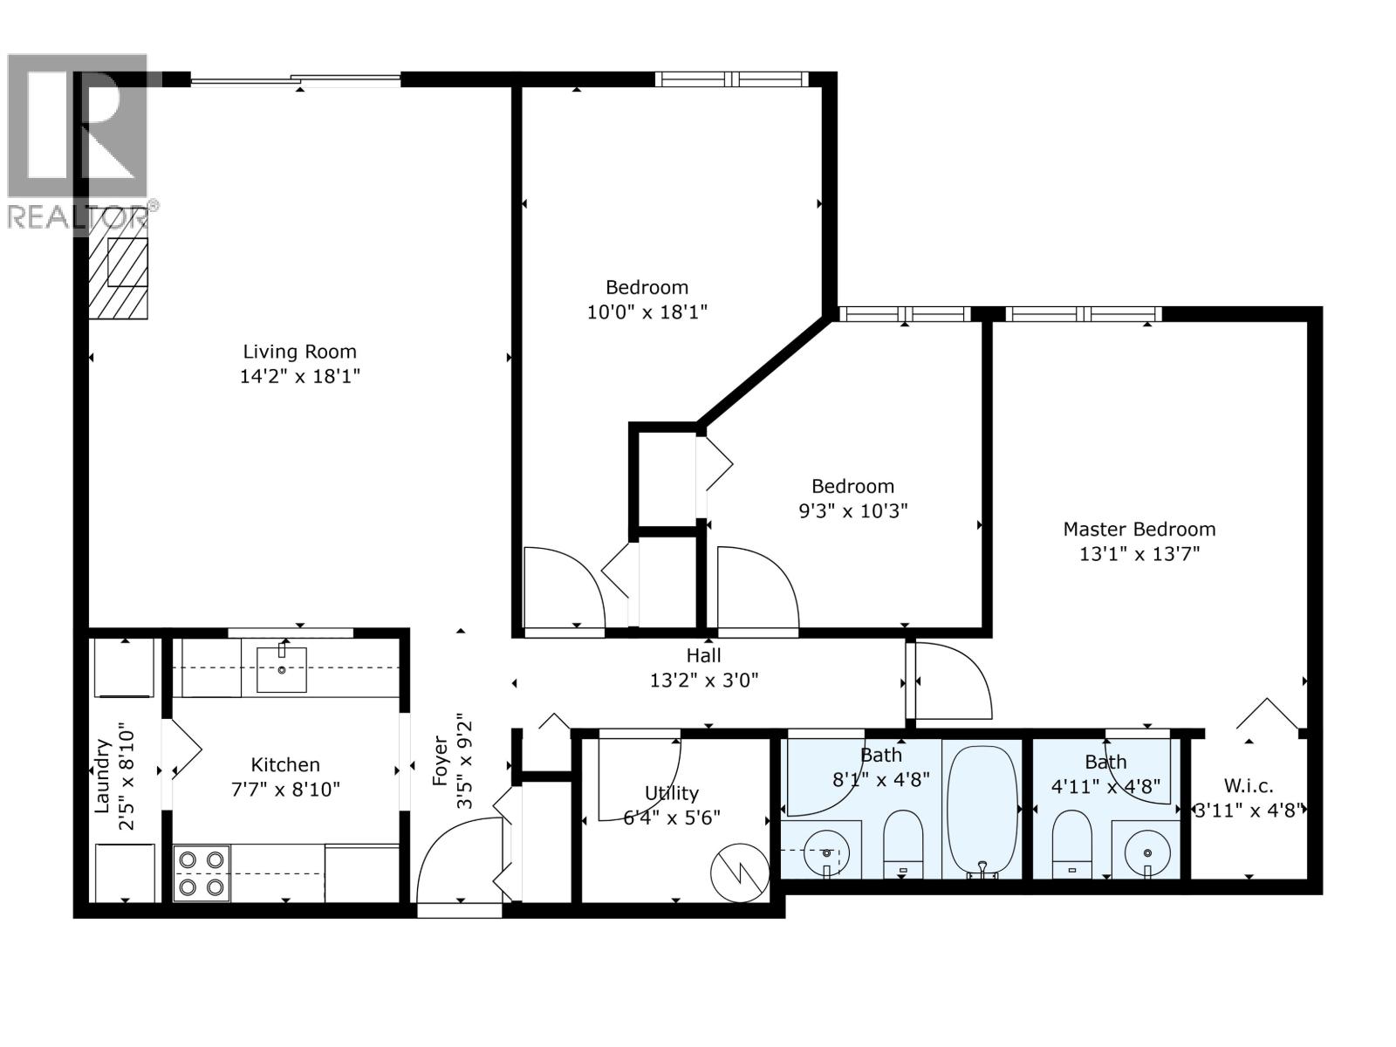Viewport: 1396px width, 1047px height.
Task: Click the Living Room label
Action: [x=299, y=352]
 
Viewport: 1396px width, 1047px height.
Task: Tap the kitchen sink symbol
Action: [x=281, y=669]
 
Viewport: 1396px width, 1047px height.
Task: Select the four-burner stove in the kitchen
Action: [x=202, y=873]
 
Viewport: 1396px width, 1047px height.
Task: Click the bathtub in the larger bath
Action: [x=982, y=808]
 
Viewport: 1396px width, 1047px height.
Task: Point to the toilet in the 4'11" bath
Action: [x=1072, y=843]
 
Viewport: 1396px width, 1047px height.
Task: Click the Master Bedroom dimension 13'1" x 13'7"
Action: [x=1139, y=553]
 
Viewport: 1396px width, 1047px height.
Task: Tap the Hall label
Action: [x=703, y=655]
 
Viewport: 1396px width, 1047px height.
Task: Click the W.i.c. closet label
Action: [x=1249, y=784]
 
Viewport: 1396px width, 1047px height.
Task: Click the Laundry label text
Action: [x=102, y=777]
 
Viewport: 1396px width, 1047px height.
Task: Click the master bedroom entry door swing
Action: [x=949, y=681]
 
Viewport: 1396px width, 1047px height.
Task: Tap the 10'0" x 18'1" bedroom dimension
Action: [x=647, y=311]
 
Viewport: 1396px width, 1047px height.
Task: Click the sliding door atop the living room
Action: [x=295, y=80]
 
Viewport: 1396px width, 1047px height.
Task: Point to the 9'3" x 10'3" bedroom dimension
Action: [x=852, y=510]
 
